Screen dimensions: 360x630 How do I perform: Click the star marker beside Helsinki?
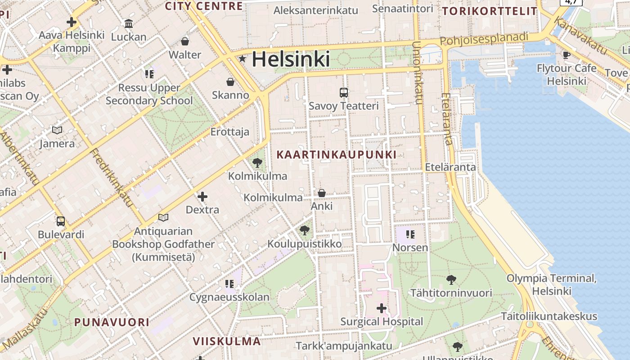click(243, 58)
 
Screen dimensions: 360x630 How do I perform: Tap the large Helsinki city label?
click(291, 59)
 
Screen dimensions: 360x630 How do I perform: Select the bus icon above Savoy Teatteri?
click(344, 93)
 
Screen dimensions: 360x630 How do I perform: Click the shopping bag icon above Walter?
click(184, 42)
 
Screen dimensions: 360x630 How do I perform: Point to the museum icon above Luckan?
click(129, 24)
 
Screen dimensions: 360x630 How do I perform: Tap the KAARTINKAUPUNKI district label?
click(336, 155)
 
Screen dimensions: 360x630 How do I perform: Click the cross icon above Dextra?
click(202, 197)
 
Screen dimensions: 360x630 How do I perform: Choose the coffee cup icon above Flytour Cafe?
click(566, 55)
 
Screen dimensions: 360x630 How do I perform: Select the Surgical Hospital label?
click(382, 322)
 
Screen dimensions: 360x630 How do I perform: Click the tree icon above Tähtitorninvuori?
click(451, 280)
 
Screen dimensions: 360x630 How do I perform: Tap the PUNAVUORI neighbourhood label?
click(112, 322)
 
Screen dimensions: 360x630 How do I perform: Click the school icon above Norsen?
click(410, 234)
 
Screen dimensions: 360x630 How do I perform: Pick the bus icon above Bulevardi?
click(61, 221)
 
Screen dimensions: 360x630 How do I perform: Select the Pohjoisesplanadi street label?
click(484, 39)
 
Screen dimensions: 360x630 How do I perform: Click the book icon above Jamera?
click(57, 130)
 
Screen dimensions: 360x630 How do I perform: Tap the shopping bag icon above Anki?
click(322, 193)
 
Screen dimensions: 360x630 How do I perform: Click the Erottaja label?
click(229, 132)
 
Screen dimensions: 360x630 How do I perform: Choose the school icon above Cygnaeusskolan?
click(229, 283)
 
